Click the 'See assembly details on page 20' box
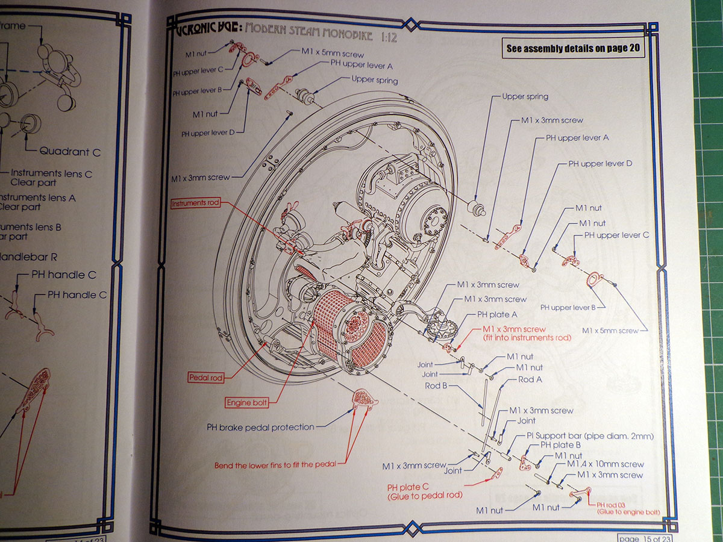coord(573,48)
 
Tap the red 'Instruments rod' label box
coord(196,204)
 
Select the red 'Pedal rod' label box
coord(205,378)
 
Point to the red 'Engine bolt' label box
coord(246,402)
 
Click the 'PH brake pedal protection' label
coord(260,427)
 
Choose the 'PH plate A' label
coord(497,314)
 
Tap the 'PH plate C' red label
coord(424,491)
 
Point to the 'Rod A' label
coord(530,379)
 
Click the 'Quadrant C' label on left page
coord(70,152)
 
